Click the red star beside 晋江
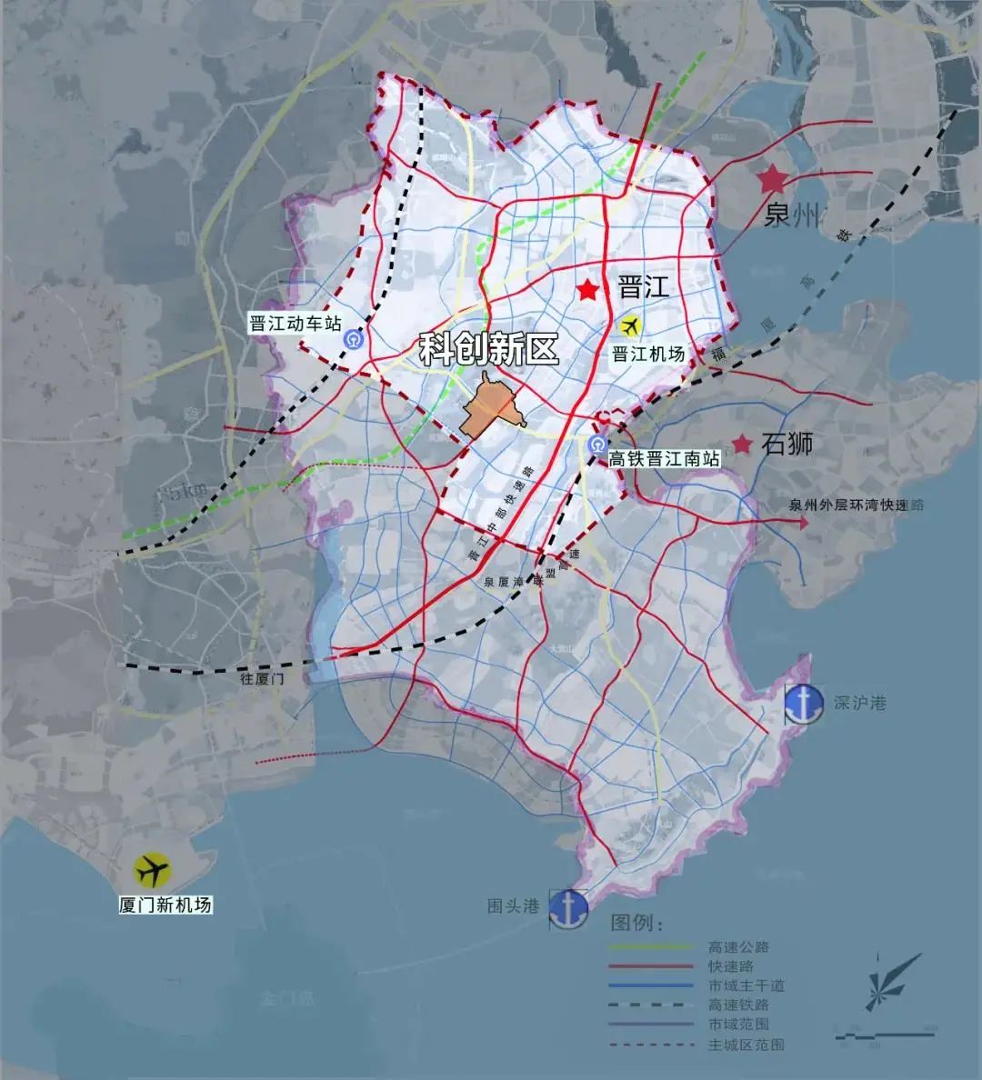(x=589, y=290)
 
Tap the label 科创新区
(x=488, y=350)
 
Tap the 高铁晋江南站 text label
(x=665, y=460)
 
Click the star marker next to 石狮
(x=743, y=445)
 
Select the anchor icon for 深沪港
(x=806, y=702)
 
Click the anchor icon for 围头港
(x=568, y=907)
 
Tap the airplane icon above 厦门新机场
(x=153, y=871)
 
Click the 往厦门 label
(x=263, y=679)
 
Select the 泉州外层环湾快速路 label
(x=856, y=505)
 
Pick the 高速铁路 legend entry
(x=738, y=1005)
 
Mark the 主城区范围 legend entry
(x=745, y=1045)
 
